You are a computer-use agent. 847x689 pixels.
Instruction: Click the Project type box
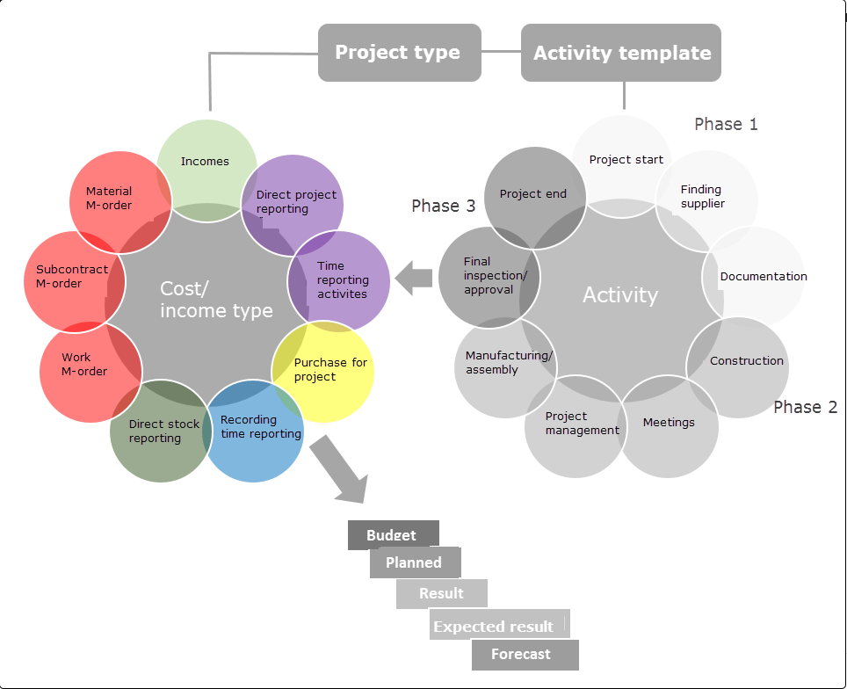[398, 53]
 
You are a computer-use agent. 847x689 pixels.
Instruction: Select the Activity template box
[622, 54]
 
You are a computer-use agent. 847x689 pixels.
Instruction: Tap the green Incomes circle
[206, 162]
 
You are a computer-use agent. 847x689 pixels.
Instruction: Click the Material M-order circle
[110, 199]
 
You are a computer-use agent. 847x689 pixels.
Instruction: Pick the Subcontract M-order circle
[70, 277]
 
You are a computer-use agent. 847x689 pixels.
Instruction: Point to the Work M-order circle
[83, 365]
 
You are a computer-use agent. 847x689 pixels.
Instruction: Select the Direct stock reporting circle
[163, 432]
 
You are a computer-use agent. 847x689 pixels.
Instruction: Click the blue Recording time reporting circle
[259, 428]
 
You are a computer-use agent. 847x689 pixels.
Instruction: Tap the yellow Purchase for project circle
[329, 370]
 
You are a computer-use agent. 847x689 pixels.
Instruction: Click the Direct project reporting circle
[295, 201]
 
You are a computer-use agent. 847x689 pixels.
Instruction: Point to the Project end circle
[533, 194]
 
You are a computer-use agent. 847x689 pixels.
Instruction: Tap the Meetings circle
[669, 424]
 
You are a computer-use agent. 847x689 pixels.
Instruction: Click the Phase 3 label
[443, 206]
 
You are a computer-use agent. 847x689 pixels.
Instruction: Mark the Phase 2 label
[805, 407]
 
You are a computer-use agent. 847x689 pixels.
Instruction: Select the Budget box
[392, 535]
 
